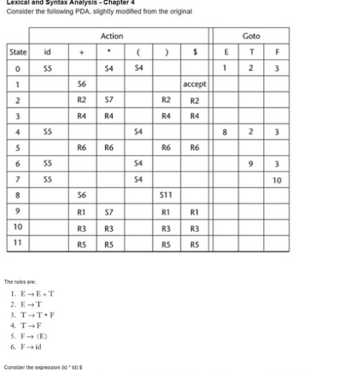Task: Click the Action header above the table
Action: click(111, 36)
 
